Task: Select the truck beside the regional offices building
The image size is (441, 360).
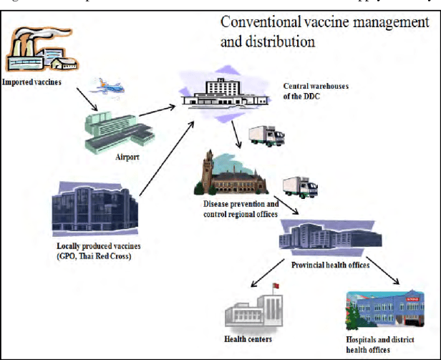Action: (x=300, y=186)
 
